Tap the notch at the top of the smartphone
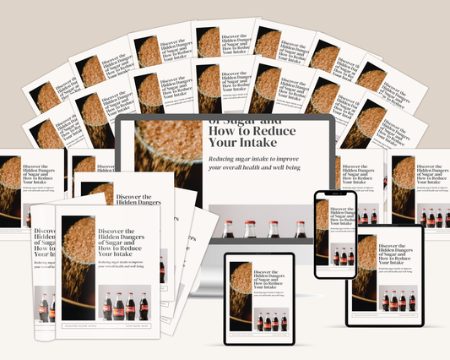click(335, 194)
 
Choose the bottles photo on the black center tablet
click(271, 322)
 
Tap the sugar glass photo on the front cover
click(78, 262)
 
